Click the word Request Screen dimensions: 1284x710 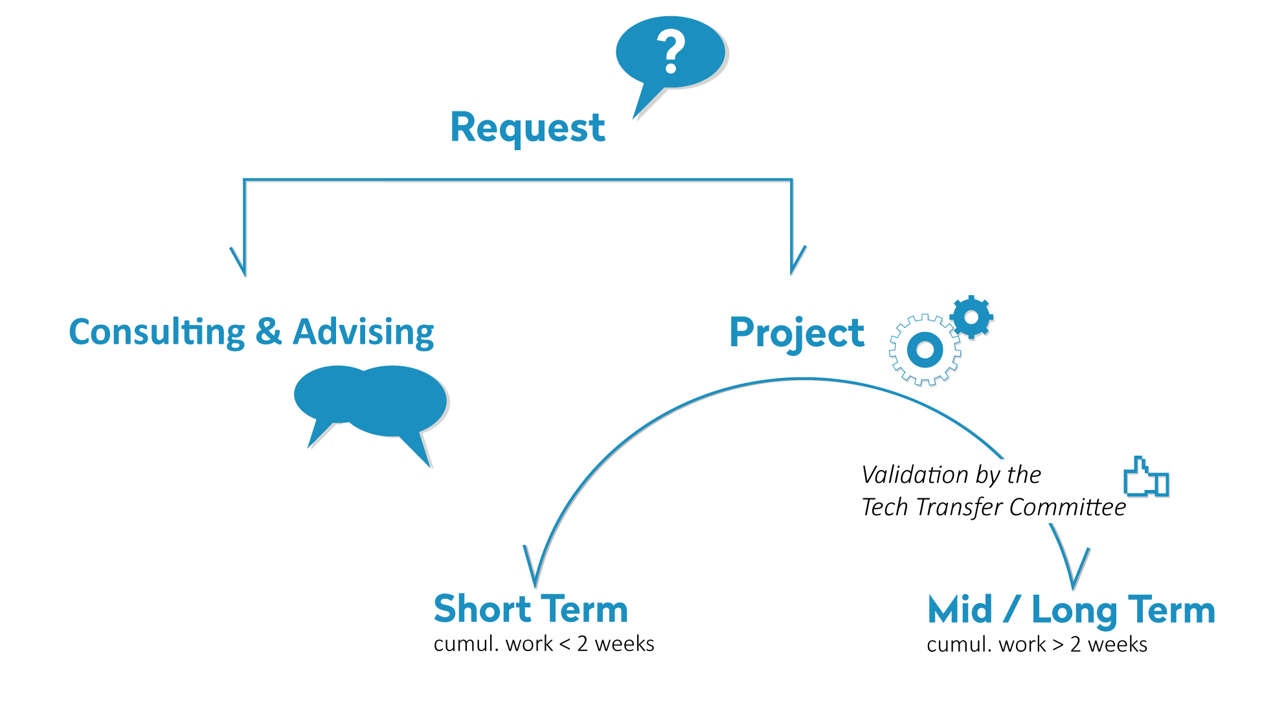[527, 128]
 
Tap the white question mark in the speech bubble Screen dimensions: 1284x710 [671, 52]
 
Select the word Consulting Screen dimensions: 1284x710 [157, 333]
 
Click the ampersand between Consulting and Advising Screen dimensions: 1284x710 [268, 331]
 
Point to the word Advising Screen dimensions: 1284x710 [363, 333]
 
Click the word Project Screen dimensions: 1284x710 [796, 334]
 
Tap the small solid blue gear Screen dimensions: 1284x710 [971, 317]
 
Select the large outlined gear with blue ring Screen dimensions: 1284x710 [925, 350]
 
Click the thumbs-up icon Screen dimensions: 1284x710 [1146, 477]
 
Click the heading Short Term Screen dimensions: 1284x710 [531, 609]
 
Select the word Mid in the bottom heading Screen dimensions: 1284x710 [960, 610]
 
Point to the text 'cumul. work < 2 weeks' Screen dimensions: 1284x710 [544, 644]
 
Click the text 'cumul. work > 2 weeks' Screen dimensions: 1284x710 [1037, 645]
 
